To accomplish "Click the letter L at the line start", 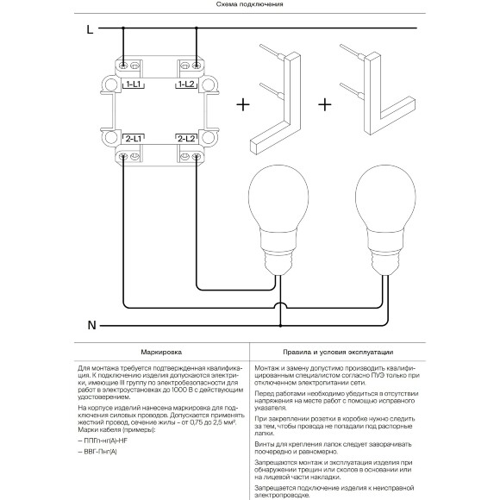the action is point(90,29).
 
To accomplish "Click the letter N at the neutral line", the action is point(92,325).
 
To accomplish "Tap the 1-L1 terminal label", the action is point(134,84).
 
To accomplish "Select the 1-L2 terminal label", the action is point(186,84).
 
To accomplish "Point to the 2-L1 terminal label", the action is point(134,139).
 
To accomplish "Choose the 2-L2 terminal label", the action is point(186,139).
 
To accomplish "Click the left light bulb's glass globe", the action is point(278,198).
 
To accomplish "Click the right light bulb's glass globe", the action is point(385,198).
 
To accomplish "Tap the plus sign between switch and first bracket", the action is point(243,104).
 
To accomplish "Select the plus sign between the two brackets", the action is point(325,104).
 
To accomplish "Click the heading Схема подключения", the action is point(250,4).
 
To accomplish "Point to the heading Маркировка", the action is point(161,352).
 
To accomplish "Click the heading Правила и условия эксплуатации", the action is point(338,352).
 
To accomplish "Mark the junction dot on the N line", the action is point(281,326).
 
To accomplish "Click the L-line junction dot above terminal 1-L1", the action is point(123,28).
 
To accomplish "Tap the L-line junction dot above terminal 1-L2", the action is point(196,28).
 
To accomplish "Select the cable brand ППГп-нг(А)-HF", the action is point(103,441).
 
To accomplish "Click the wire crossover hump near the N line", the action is point(281,305).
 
